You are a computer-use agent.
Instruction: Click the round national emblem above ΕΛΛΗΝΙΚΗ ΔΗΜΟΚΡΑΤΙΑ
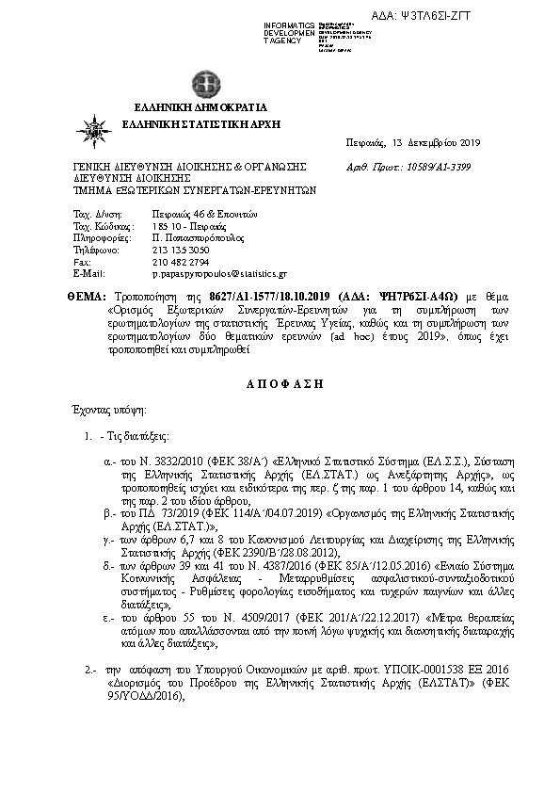pos(200,83)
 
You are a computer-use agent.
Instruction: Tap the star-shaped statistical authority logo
pos(96,125)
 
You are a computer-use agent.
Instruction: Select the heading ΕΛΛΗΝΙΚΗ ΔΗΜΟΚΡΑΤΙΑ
pos(200,105)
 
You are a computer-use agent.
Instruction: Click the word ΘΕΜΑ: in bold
pos(86,295)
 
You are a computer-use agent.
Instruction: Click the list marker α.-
pos(108,464)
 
